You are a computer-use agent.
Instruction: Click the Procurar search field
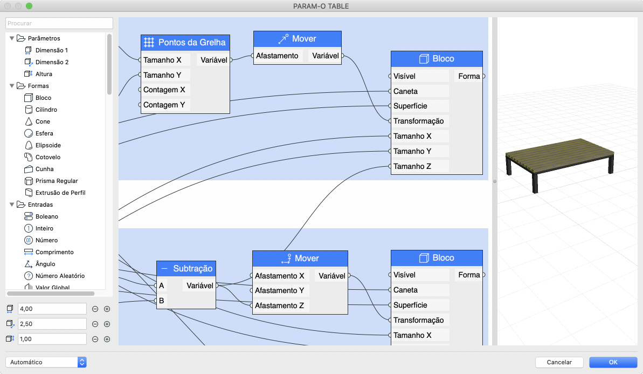point(59,23)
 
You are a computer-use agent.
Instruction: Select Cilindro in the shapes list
point(46,110)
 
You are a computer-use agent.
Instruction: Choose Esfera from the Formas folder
point(44,133)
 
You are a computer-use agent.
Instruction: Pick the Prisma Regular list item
point(57,181)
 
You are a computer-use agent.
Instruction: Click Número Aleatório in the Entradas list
point(60,276)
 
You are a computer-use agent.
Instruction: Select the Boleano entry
point(46,216)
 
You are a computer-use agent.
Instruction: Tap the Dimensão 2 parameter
point(52,62)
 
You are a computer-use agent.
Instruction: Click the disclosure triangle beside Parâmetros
point(12,38)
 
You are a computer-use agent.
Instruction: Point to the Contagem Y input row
point(164,105)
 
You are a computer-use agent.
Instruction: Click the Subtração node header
point(186,268)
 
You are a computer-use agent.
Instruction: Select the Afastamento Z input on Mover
point(279,305)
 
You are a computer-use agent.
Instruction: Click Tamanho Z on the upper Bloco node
point(412,166)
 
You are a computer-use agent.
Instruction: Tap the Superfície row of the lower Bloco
point(410,305)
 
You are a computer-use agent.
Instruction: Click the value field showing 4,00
point(52,309)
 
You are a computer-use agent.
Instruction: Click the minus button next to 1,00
point(95,339)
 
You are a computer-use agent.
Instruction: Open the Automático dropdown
point(46,362)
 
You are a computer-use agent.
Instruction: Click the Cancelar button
point(559,362)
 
